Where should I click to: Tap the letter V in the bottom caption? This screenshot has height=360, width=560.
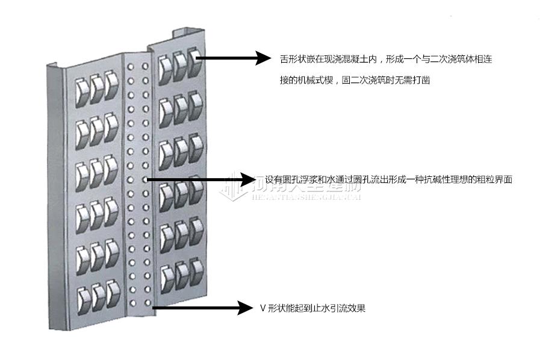click(x=263, y=308)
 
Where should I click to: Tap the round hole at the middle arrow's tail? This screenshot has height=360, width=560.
click(x=145, y=179)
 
